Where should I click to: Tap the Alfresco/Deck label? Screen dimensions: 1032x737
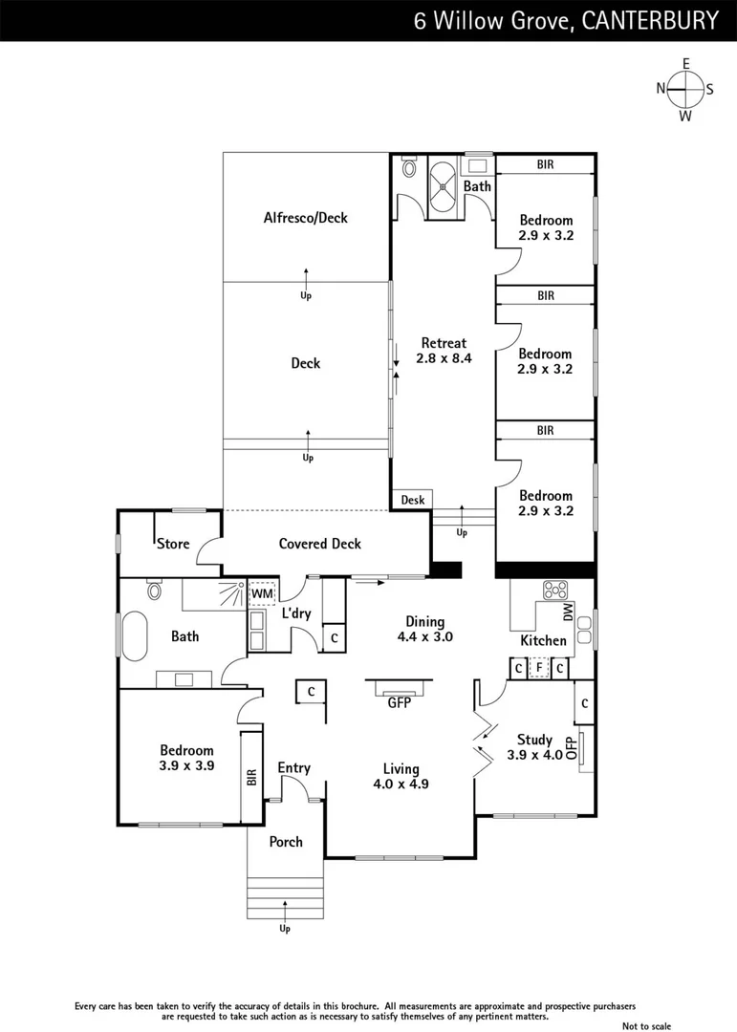pos(306,218)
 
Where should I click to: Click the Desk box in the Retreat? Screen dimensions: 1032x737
pos(412,500)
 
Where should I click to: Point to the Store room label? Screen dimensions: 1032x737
pos(173,544)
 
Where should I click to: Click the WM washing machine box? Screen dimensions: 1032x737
pos(262,593)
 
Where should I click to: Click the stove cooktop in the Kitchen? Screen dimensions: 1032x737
pos(554,590)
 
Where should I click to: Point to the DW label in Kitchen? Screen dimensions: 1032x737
pos(567,613)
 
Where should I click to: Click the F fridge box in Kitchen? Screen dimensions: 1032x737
pos(539,668)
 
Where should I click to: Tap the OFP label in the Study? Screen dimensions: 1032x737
pos(572,747)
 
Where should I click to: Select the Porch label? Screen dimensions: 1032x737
pos(286,842)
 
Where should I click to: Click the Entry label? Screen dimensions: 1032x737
pos(293,768)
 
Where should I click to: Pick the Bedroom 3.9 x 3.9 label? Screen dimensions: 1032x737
pos(186,759)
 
